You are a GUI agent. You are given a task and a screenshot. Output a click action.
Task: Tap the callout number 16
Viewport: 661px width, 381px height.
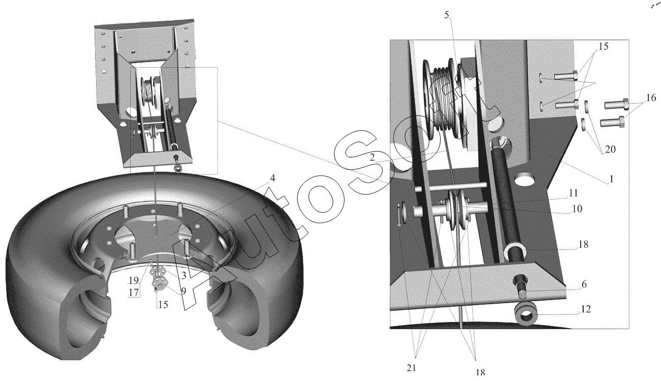tap(651, 97)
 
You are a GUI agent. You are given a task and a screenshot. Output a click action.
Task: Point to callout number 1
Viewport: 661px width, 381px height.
tap(612, 179)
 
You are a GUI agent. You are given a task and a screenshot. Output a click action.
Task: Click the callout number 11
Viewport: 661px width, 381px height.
tap(573, 193)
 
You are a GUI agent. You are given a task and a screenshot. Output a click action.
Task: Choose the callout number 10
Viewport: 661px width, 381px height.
tap(577, 209)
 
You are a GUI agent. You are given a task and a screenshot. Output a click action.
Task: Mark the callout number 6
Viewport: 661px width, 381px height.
tap(584, 284)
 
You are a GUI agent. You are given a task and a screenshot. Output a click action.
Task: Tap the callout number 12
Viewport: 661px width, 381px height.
tap(586, 309)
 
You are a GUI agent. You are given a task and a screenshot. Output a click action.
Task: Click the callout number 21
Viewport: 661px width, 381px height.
tap(411, 368)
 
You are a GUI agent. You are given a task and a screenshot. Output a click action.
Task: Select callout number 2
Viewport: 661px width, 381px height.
tap(372, 157)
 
